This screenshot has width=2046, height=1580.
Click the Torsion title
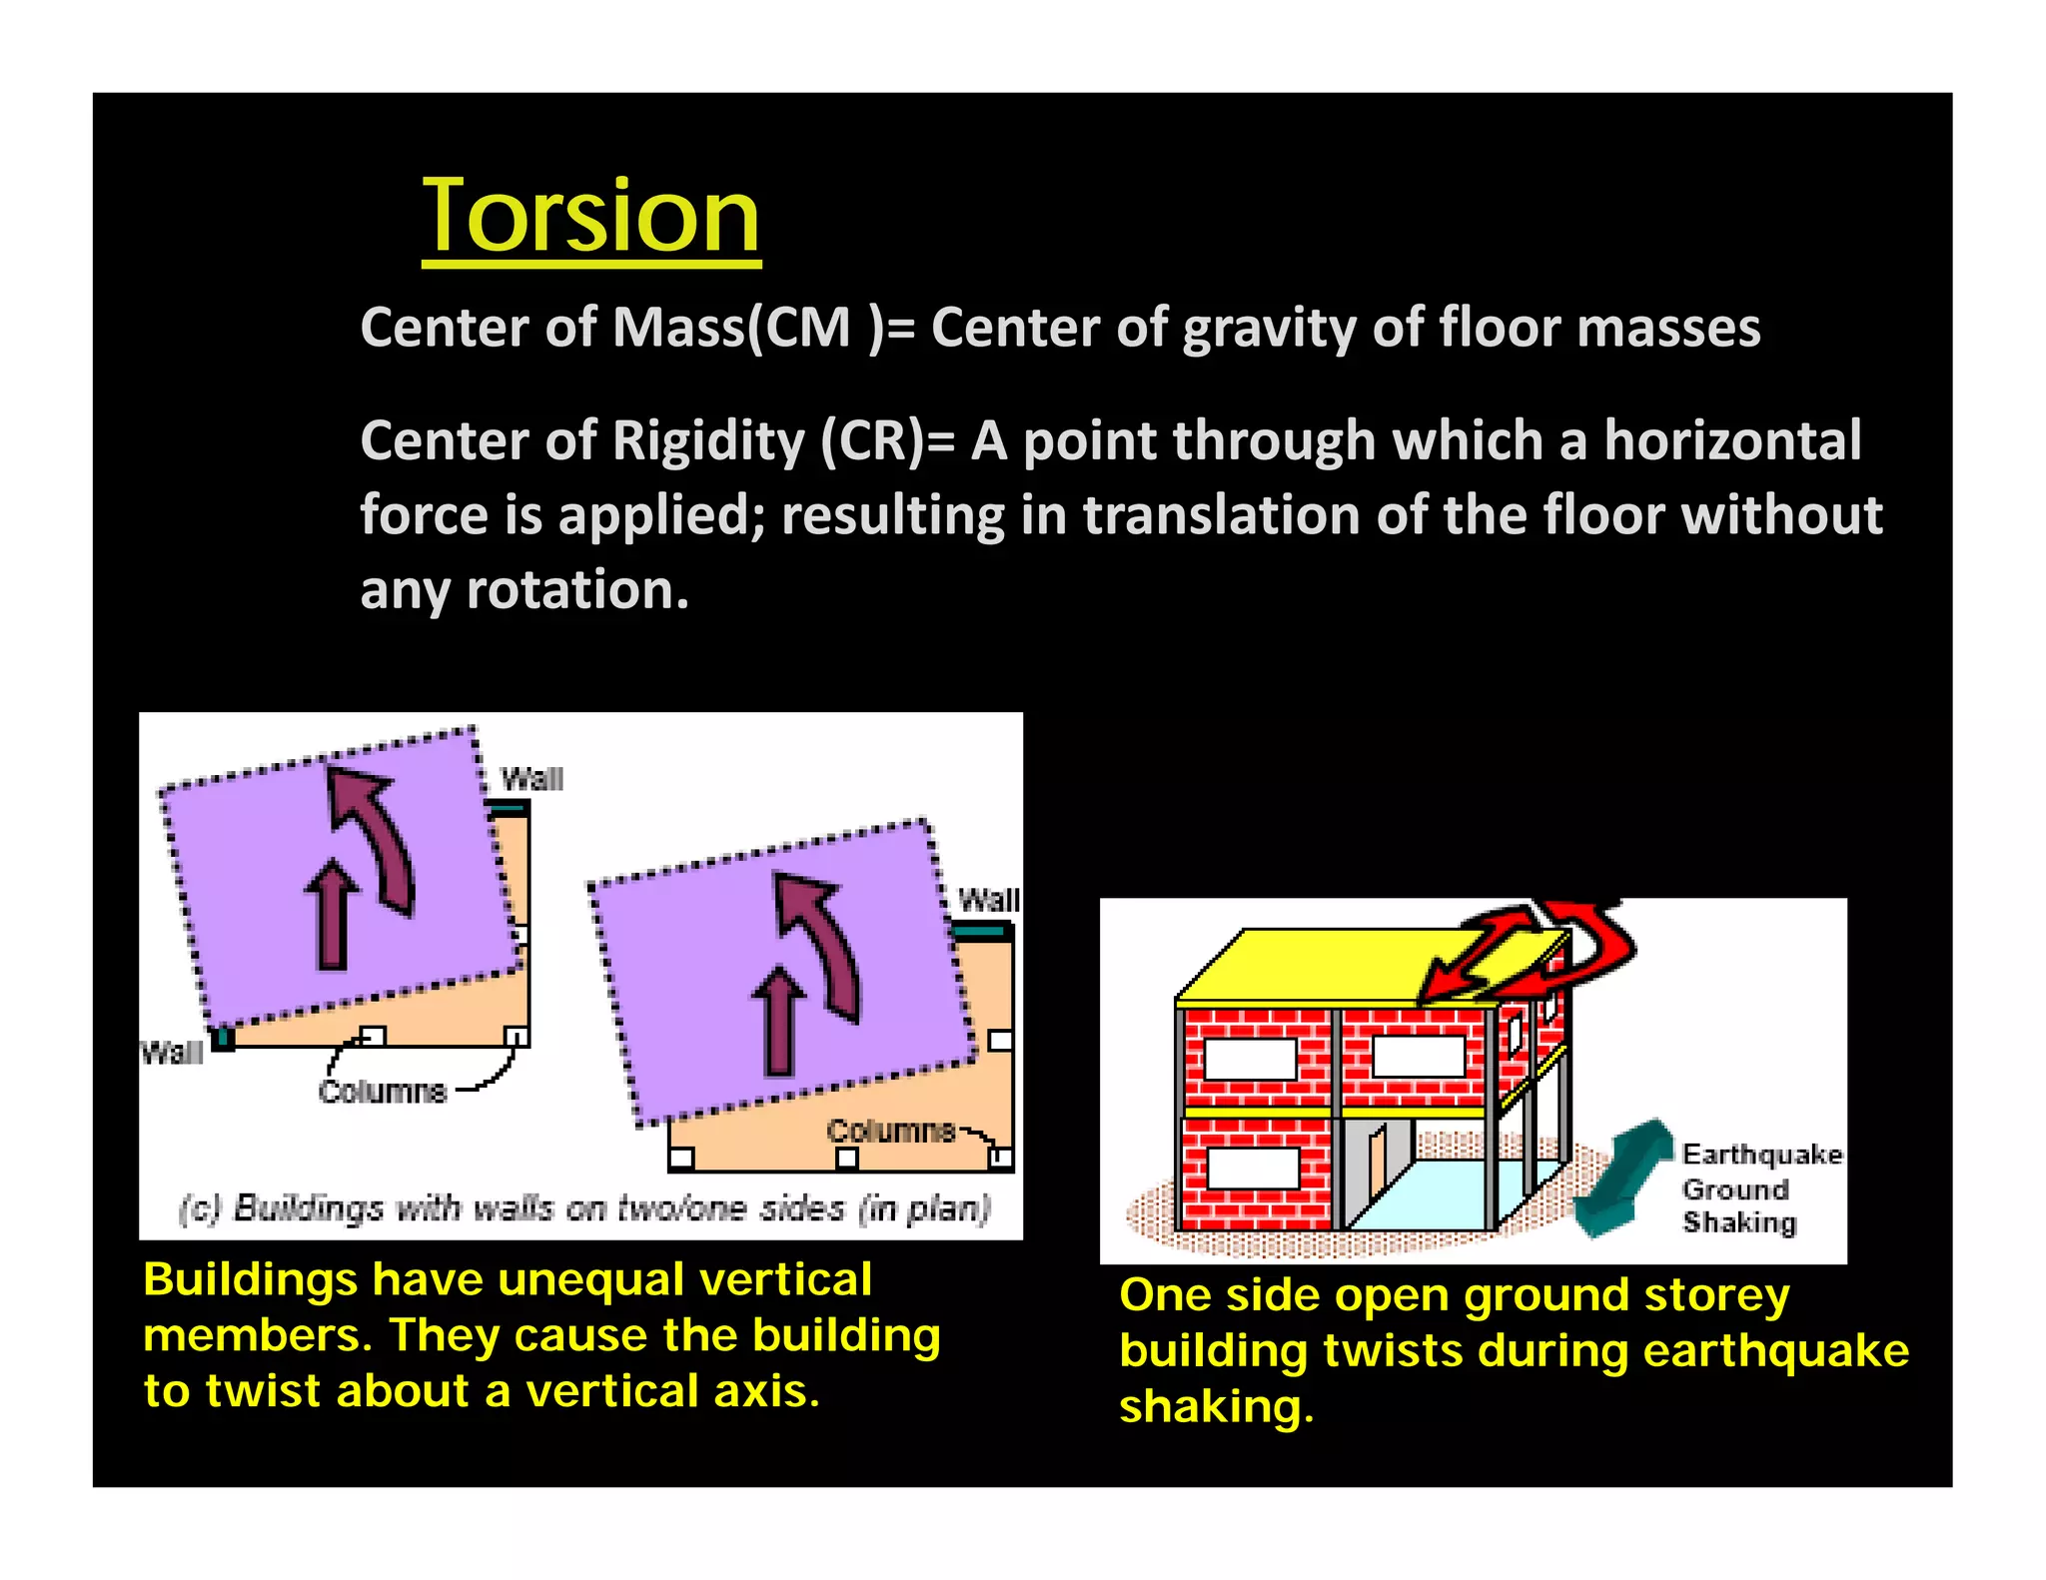(591, 217)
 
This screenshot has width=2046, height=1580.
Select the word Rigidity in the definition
(707, 440)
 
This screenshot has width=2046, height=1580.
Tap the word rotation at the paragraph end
(576, 589)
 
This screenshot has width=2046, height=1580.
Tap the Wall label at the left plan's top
(531, 778)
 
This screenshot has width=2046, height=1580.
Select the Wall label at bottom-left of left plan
(171, 1053)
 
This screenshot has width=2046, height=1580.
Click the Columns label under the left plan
(382, 1091)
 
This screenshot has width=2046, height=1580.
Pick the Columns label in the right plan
(890, 1131)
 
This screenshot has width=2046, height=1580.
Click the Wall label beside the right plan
(988, 900)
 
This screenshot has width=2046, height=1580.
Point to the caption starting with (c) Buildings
(584, 1207)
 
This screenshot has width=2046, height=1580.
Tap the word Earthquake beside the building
(1761, 1155)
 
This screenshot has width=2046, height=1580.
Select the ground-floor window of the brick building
(1253, 1167)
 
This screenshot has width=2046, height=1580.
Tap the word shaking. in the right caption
(1216, 1406)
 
